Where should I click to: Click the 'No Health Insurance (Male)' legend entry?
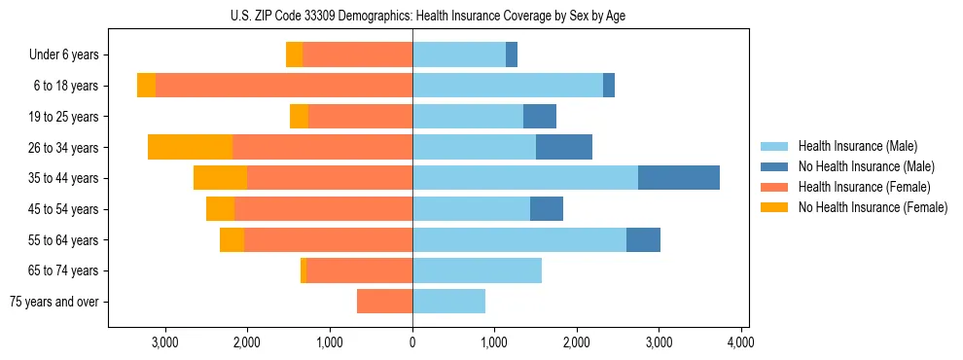[866, 166]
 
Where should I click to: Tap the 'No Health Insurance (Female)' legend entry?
[873, 207]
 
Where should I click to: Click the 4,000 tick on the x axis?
[741, 342]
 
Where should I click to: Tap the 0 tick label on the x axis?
[412, 342]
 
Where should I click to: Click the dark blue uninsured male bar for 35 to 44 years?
[679, 178]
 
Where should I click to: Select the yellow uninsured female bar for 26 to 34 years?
[191, 147]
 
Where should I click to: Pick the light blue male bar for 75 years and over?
[448, 302]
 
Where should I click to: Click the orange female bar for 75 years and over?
[385, 302]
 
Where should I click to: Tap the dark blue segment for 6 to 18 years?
[609, 86]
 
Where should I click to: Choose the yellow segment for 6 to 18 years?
[146, 86]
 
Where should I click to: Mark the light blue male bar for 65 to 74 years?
[477, 270]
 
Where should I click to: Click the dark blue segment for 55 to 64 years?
[643, 239]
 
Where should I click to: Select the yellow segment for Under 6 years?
[294, 54]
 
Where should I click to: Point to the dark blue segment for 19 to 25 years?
[540, 117]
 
